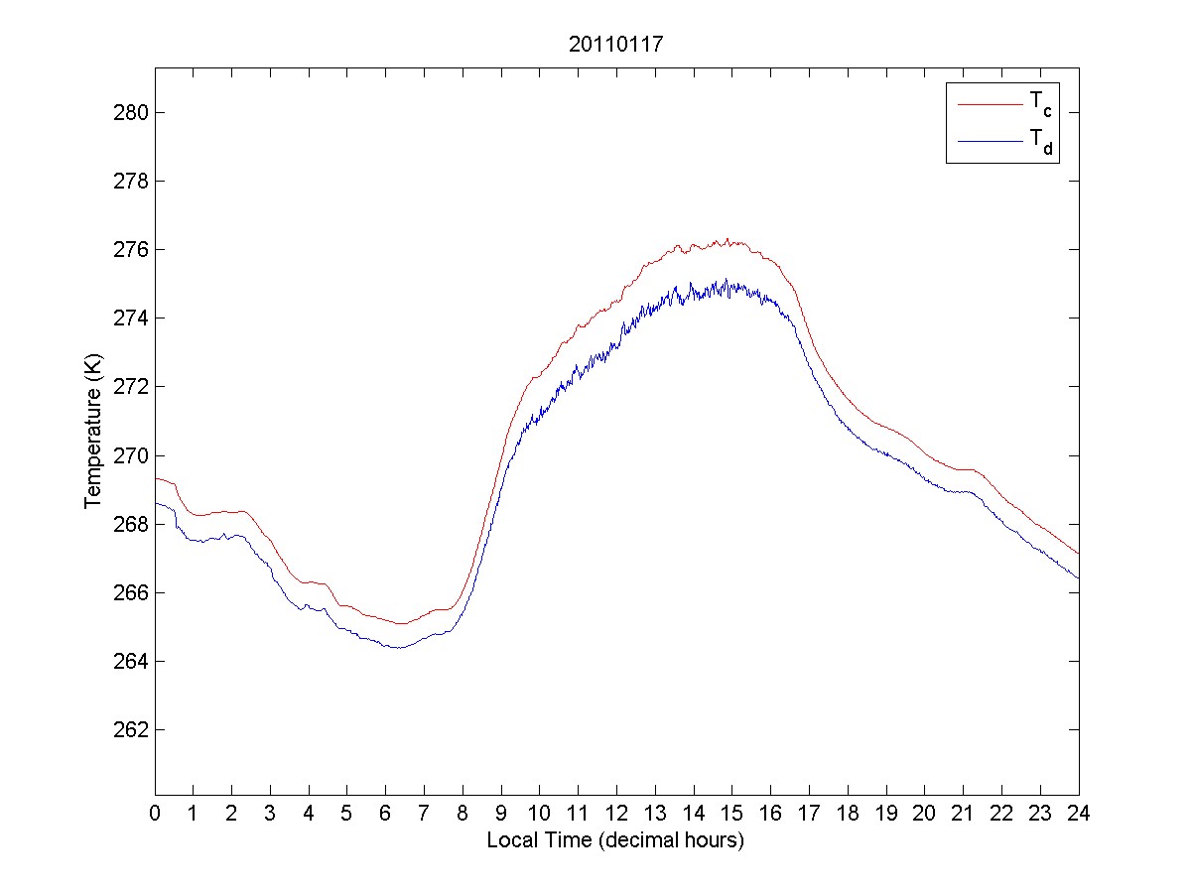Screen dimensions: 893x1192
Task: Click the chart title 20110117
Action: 616,45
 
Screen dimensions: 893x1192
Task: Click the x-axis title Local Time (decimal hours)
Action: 615,840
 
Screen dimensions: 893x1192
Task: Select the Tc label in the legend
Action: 1039,103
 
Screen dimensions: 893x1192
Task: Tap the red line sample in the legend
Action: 989,103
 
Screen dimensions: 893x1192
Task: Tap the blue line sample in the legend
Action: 989,142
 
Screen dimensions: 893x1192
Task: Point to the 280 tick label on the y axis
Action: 131,112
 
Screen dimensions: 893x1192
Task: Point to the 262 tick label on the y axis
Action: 131,729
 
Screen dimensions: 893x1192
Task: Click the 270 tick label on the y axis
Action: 131,455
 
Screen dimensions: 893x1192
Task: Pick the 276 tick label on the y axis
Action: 131,249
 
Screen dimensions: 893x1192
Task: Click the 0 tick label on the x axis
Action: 155,813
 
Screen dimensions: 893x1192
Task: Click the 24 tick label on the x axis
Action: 1079,813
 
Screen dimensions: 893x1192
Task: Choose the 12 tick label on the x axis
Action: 616,813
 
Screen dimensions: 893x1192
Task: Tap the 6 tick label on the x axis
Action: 385,813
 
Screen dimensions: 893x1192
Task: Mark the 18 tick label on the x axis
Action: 848,813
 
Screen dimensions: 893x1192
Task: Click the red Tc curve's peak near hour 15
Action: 728,239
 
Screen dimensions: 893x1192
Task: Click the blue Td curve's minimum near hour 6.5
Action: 399,647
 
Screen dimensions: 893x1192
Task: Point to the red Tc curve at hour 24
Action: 1078,554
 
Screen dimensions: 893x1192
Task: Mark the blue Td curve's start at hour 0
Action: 156,504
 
